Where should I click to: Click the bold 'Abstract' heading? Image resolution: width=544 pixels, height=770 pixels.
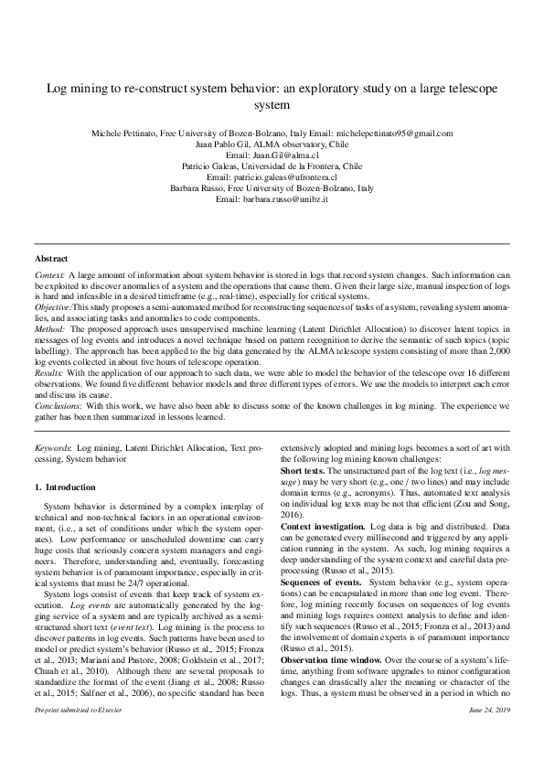click(x=51, y=260)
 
